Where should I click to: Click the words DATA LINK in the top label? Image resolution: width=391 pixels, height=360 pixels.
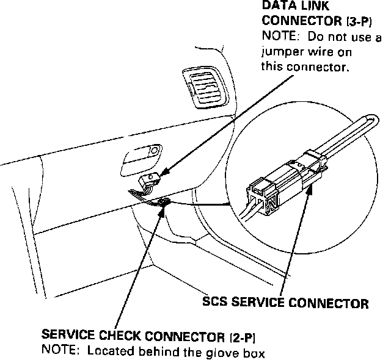287,5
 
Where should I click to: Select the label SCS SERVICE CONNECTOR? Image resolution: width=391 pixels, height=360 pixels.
285,303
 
